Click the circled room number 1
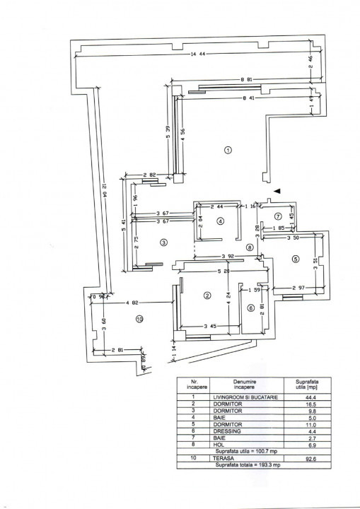[x=228, y=150]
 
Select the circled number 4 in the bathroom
[x=220, y=221]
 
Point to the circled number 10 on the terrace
[x=139, y=320]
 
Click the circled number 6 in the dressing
[x=250, y=308]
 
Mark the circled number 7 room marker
[x=278, y=216]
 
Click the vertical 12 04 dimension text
[x=103, y=187]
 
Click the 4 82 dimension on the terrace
[x=132, y=303]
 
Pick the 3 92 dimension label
[x=227, y=256]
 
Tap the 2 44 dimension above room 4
[x=217, y=206]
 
